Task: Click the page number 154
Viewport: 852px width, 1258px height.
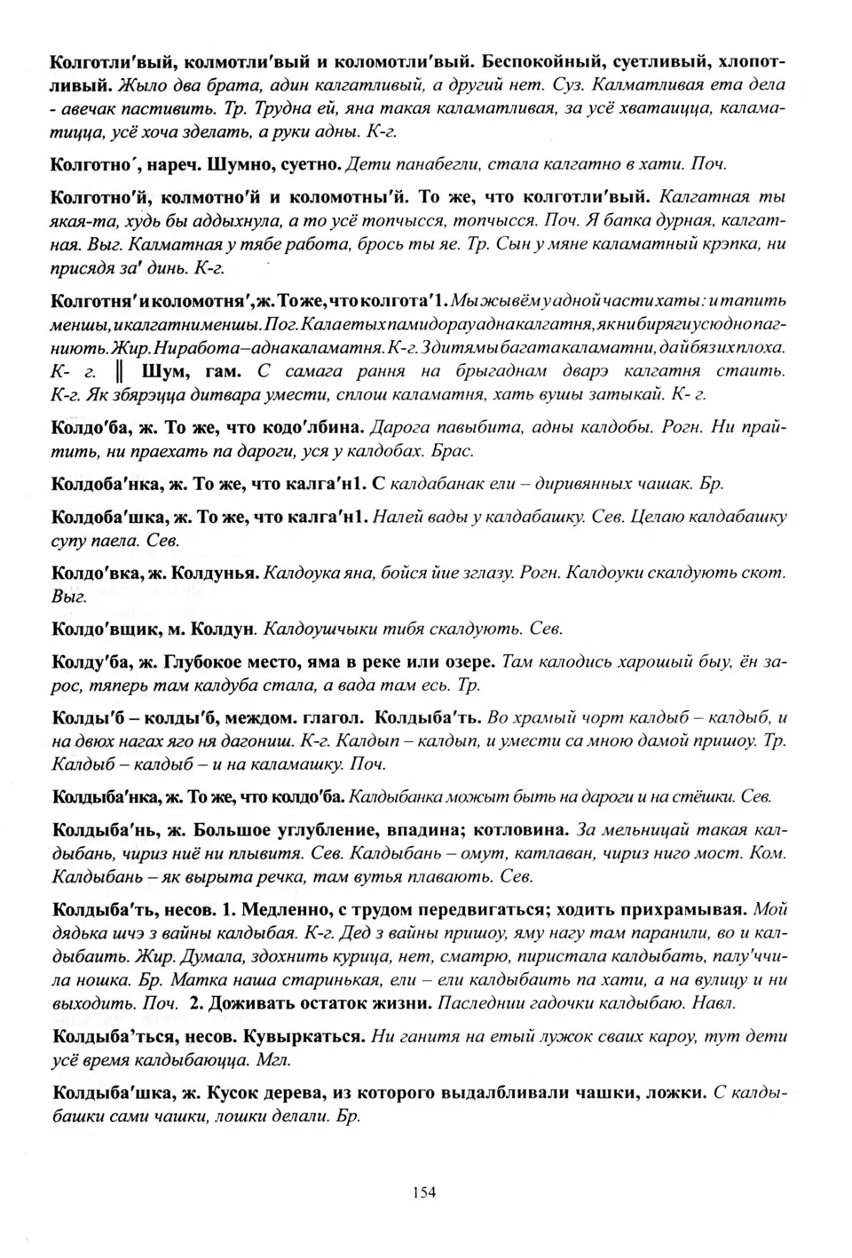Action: click(x=424, y=1192)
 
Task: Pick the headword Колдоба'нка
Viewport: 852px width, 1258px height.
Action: click(x=106, y=484)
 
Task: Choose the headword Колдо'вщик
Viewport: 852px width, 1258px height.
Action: click(x=106, y=629)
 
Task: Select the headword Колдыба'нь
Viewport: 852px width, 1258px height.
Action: click(x=106, y=831)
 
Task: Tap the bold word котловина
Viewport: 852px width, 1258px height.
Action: click(x=522, y=831)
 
